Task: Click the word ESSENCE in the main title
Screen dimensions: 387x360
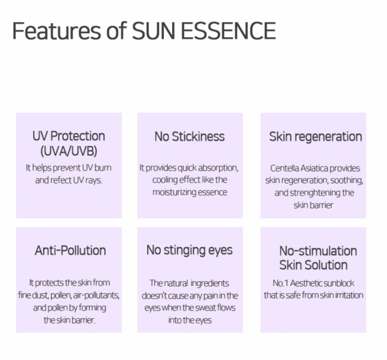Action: click(229, 31)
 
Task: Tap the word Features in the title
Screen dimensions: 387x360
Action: click(57, 31)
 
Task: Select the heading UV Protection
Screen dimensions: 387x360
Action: click(69, 136)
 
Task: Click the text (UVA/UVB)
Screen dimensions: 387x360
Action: click(69, 151)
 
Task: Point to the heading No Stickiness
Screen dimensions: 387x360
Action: click(190, 137)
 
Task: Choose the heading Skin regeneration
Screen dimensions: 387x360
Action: click(316, 137)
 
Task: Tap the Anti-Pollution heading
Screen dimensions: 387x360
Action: click(70, 250)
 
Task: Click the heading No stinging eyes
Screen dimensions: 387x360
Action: click(190, 251)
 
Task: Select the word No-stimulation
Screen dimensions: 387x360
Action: click(318, 251)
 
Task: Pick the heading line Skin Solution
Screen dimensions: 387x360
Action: click(313, 265)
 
